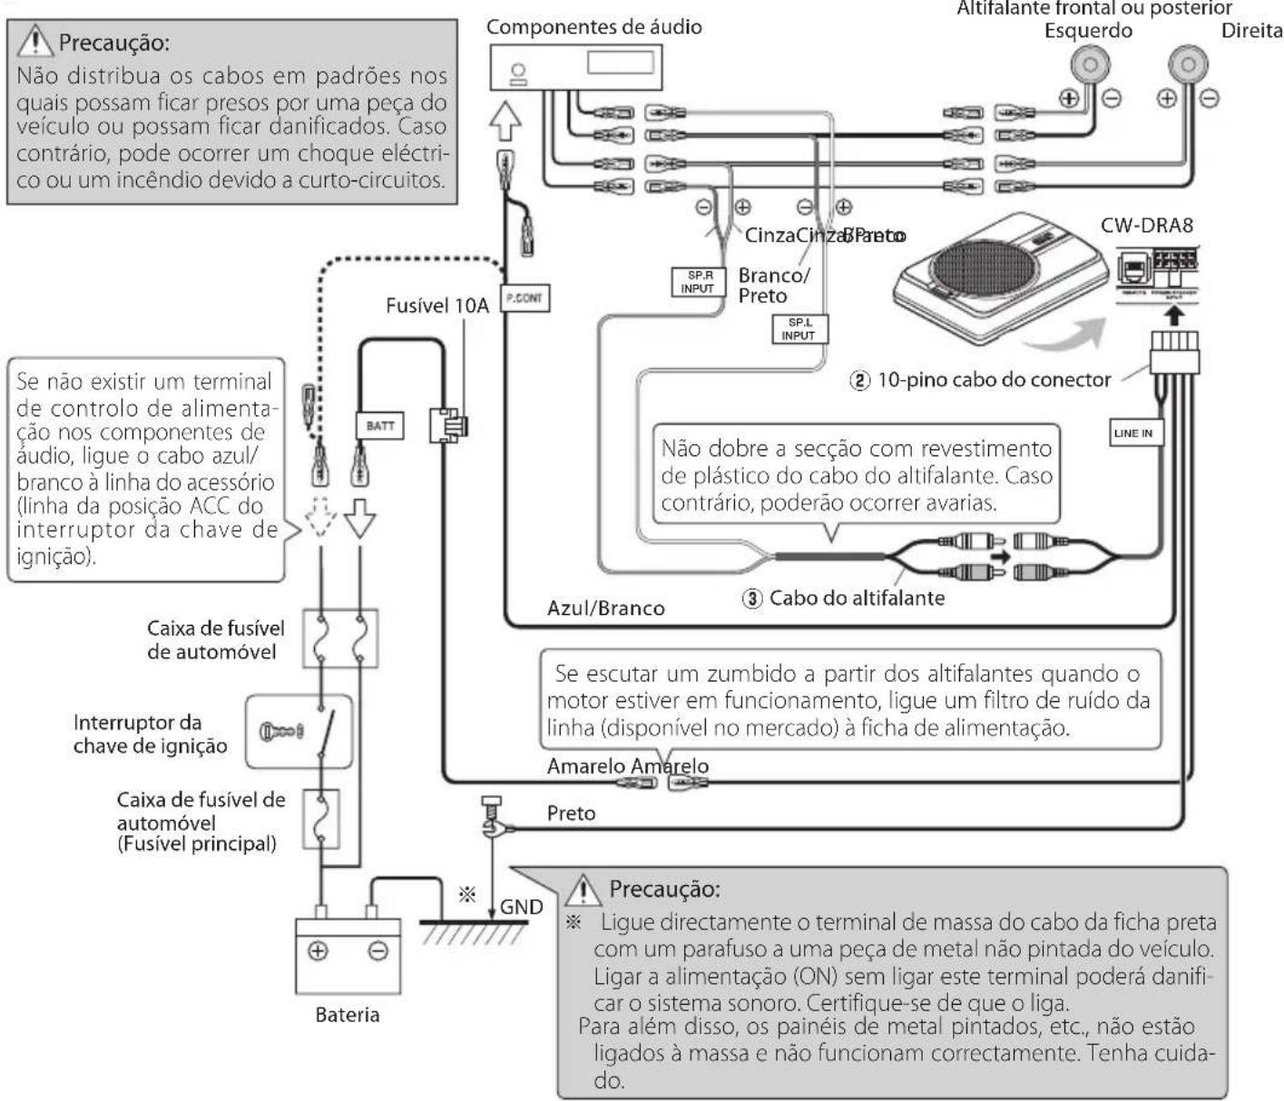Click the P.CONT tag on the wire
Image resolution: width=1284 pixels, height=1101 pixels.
coord(525,297)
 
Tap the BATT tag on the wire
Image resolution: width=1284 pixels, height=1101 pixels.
coord(379,425)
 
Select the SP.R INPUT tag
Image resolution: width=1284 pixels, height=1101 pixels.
coord(698,282)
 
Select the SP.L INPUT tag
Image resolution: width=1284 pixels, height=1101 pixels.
coord(798,329)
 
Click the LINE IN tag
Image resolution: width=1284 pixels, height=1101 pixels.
coord(1132,433)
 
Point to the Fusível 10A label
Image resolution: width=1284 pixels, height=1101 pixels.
coord(436,305)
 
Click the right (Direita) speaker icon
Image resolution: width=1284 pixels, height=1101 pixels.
coord(1187,64)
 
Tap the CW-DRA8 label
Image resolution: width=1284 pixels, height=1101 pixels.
coord(1146,225)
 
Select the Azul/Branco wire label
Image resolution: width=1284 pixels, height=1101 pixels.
coord(605,608)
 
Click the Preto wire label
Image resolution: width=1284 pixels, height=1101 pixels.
coord(571,813)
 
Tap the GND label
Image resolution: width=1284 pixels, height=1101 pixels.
coord(522,906)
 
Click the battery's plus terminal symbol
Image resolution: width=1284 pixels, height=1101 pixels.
coord(319,951)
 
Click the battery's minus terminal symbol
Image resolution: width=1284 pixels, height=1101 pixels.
coord(377,951)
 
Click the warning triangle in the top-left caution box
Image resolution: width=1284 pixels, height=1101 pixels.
coord(37,42)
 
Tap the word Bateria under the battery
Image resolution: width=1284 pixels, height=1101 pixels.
coord(347,1014)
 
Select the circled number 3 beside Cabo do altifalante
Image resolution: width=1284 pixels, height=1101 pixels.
coord(752,598)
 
